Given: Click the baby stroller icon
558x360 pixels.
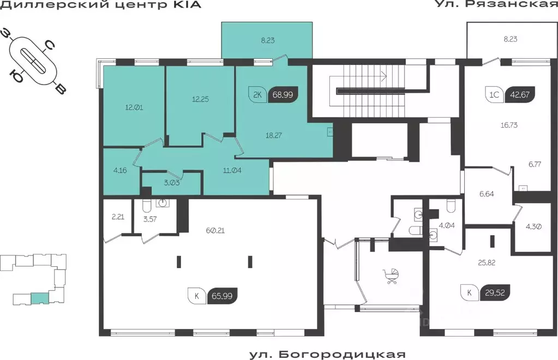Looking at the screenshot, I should coord(392,277).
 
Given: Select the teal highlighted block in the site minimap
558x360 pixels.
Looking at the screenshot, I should coord(39,298).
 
